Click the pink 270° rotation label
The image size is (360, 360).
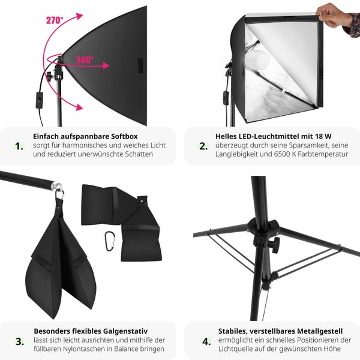point(55,20)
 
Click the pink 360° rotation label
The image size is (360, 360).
point(85,59)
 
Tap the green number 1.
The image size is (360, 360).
point(19,146)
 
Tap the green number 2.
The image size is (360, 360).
point(202,146)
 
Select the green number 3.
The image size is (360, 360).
point(19,341)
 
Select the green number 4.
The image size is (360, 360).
point(206,341)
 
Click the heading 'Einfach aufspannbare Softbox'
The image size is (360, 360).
point(85,136)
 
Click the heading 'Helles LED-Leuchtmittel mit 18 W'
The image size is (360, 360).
point(272,136)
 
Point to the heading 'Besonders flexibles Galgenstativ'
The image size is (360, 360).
point(90,331)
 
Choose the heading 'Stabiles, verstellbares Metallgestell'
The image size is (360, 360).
point(280,331)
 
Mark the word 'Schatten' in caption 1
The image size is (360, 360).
point(137,154)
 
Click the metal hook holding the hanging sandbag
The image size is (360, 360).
point(59,196)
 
